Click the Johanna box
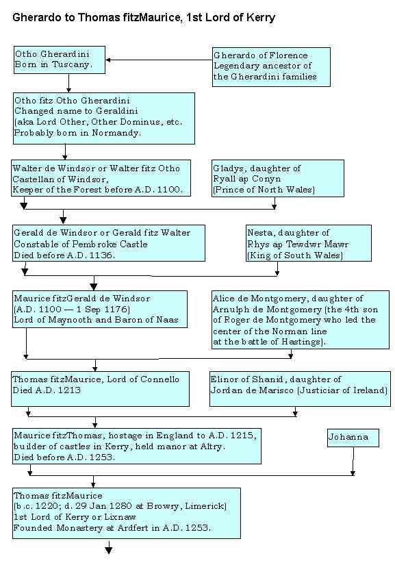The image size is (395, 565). (353, 438)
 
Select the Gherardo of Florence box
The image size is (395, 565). (271, 67)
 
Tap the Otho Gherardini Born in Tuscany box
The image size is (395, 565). (60, 60)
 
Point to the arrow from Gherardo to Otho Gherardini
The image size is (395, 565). (159, 60)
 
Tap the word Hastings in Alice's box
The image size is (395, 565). (303, 342)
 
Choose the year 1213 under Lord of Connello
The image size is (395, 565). (70, 390)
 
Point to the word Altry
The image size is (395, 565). (212, 447)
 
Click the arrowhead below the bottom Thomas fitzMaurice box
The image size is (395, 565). (108, 550)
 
